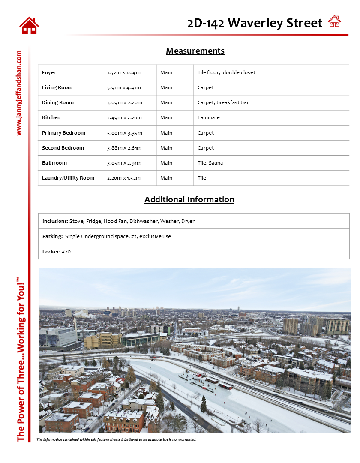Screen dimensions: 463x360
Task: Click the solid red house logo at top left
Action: (x=29, y=26)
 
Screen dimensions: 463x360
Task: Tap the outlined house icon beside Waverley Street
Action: (x=334, y=21)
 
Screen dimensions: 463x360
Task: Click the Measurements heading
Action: (x=195, y=51)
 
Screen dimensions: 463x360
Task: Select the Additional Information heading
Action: (x=189, y=200)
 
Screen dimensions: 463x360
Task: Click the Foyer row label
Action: (x=49, y=72)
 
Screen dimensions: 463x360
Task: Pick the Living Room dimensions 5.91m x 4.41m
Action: (x=124, y=87)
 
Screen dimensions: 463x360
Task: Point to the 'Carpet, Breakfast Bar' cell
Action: (x=223, y=102)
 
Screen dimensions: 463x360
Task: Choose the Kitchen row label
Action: (x=51, y=117)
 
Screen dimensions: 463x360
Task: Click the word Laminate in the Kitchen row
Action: (x=208, y=117)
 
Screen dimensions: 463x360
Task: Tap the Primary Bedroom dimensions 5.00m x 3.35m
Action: (x=124, y=133)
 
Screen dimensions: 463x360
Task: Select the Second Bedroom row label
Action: (x=63, y=148)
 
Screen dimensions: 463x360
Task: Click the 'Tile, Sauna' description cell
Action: (x=210, y=163)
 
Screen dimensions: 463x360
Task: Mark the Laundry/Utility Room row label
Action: (x=68, y=178)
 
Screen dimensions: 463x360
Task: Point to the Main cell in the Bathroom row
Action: (x=166, y=163)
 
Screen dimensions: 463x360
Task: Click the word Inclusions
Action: (x=55, y=221)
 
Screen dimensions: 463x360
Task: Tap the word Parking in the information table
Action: (x=52, y=236)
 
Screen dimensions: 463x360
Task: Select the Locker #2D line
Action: (x=56, y=252)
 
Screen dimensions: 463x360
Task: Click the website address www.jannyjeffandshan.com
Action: (x=18, y=93)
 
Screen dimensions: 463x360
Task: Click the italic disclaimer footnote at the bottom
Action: (x=116, y=439)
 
